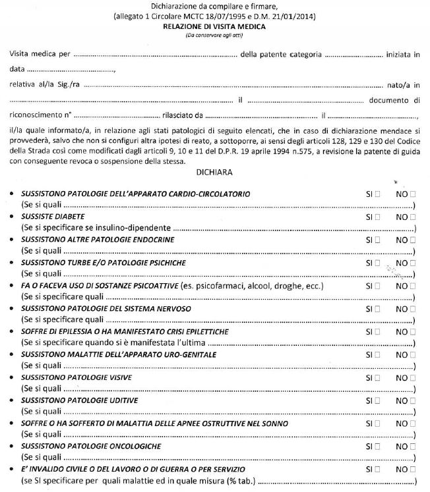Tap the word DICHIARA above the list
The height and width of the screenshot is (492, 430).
pyautogui.click(x=214, y=173)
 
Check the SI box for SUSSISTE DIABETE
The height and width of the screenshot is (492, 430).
pyautogui.click(x=377, y=216)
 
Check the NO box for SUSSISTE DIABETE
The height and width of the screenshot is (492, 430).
pyautogui.click(x=413, y=216)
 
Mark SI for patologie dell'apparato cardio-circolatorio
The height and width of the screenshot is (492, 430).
pyautogui.click(x=377, y=195)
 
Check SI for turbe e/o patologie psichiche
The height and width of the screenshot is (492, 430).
pyautogui.click(x=377, y=262)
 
